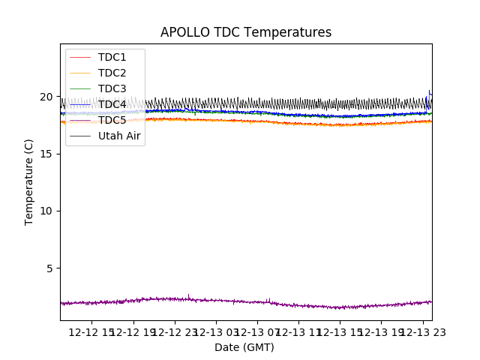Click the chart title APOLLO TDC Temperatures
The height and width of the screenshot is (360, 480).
[245, 32]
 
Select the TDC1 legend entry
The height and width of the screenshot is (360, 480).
[112, 57]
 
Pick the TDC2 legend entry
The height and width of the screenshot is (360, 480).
[112, 73]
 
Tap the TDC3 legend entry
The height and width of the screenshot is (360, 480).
[112, 88]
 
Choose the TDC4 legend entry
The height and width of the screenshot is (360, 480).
[112, 104]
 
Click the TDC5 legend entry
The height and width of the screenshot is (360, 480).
[112, 120]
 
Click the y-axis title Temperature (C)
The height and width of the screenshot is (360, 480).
[29, 181]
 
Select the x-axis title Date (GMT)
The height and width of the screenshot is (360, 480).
[244, 347]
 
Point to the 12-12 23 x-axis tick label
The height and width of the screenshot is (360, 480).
[175, 332]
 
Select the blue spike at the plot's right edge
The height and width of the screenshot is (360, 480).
[429, 94]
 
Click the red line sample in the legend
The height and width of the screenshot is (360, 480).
[80, 57]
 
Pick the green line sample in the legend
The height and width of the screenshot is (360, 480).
[80, 88]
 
